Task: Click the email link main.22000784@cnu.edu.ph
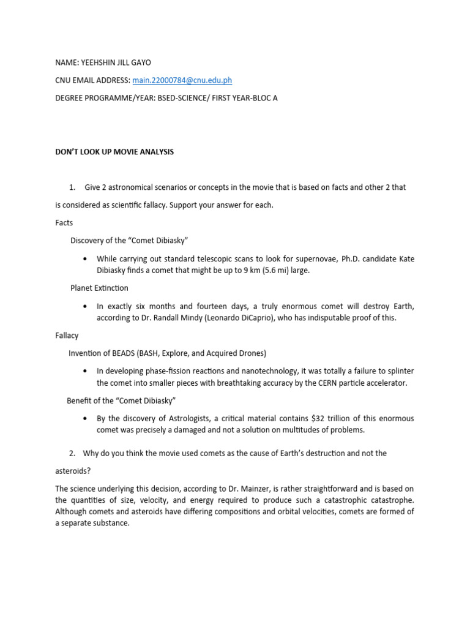[182, 80]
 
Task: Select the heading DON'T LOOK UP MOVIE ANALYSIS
[114, 152]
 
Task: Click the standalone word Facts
[64, 223]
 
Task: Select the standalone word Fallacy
[67, 336]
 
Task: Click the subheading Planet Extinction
[99, 288]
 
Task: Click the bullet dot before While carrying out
[84, 259]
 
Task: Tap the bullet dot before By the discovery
[84, 419]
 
